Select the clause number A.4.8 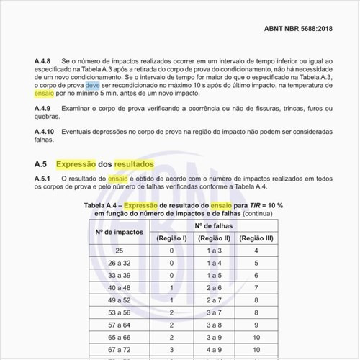pos(44,63)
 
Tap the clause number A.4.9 pos(44,108)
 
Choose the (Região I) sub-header pos(172,238)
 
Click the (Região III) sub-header pos(257,238)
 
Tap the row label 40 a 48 pos(119,288)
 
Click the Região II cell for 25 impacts pos(214,251)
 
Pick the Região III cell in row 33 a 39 pos(257,276)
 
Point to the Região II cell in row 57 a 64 pos(214,325)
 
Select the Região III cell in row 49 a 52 pos(257,300)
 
